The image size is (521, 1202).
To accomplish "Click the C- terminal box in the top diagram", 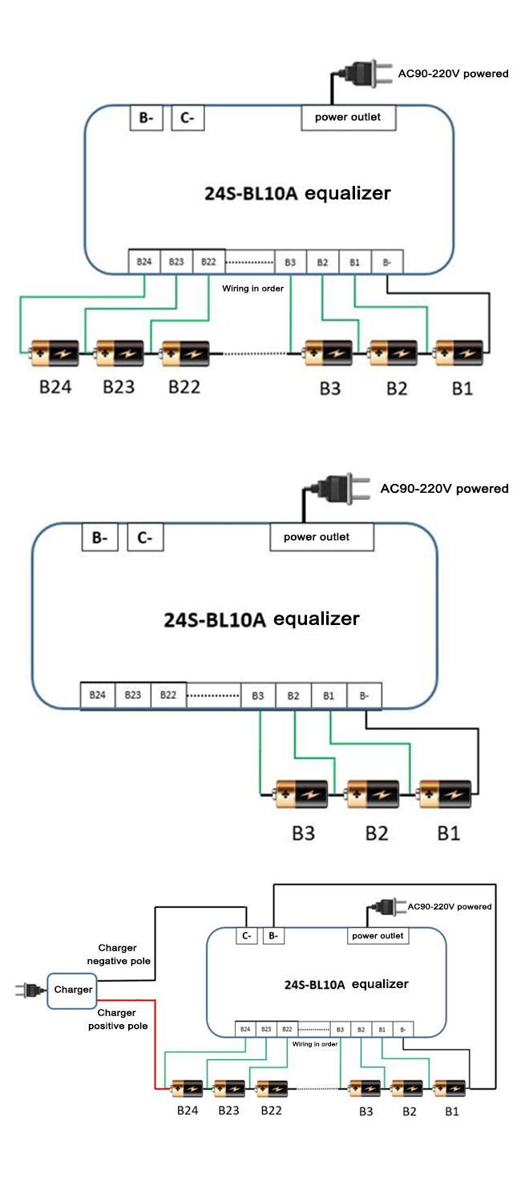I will point(188,119).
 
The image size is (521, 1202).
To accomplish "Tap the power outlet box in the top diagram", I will point(348,118).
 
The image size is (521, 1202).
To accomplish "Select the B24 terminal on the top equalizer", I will point(144,262).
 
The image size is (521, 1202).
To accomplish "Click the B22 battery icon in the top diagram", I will point(187,352).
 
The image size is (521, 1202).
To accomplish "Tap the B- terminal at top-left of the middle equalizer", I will point(99,538).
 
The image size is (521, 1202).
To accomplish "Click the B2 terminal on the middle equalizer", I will point(293,696).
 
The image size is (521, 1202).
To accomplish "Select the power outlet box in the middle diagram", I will point(321,537).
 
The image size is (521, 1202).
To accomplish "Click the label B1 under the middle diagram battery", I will point(449,833).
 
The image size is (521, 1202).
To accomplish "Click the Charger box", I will point(73,990).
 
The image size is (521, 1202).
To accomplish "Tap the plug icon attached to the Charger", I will point(28,990).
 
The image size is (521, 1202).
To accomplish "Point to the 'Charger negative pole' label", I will point(123,954).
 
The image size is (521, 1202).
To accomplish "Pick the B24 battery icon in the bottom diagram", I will point(188,1089).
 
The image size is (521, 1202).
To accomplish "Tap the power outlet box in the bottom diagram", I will point(378,935).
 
